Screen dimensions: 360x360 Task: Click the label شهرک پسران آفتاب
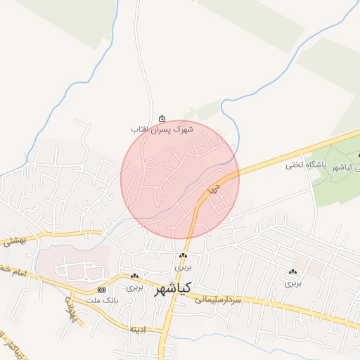point(162,130)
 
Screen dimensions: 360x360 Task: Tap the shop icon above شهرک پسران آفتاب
point(163,118)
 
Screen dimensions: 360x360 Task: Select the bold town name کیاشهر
point(172,288)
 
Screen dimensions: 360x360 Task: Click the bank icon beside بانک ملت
point(102,290)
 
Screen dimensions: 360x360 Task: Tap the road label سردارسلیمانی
point(222,300)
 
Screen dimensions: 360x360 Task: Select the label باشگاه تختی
point(303,166)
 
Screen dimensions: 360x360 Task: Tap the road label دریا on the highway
point(214,188)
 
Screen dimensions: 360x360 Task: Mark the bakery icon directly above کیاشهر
point(183,257)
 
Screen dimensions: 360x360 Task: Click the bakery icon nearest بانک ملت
point(134,276)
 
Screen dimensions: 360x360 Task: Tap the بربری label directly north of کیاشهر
point(183,268)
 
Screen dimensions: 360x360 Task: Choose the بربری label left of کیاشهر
point(134,288)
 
